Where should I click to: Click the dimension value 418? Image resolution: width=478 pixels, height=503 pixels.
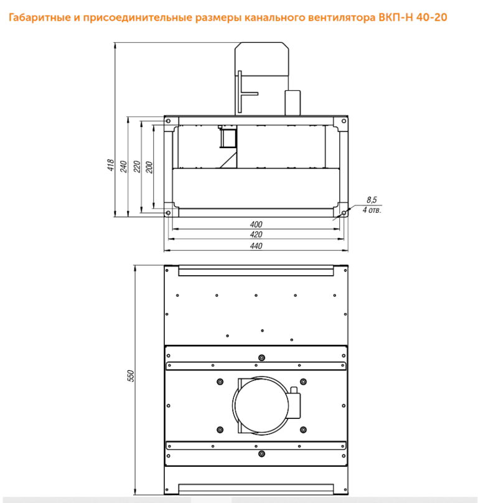tap(111, 165)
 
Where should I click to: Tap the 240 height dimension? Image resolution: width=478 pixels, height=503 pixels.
tap(123, 166)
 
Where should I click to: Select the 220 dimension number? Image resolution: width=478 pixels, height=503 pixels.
tap(137, 166)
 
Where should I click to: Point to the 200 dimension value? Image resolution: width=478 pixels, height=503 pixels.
tap(149, 167)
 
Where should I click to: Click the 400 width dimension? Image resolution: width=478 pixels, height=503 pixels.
tap(256, 224)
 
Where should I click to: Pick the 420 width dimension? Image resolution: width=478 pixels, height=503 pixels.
tap(256, 235)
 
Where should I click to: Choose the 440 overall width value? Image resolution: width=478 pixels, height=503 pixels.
tap(256, 246)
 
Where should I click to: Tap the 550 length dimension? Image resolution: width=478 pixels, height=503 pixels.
tap(131, 375)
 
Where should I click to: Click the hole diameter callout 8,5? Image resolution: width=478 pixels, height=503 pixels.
tap(372, 200)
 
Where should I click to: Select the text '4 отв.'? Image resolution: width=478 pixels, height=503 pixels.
tap(372, 210)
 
